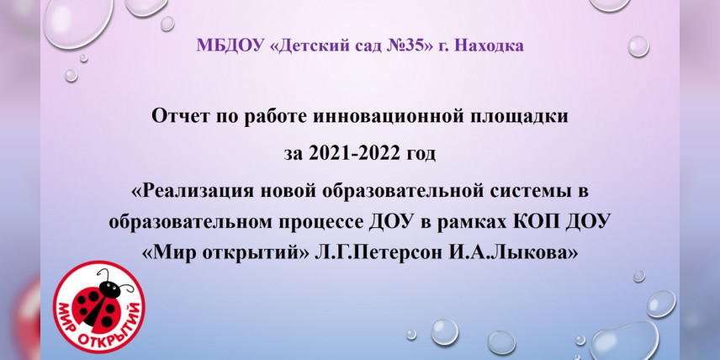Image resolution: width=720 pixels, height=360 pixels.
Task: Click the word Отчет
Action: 179,117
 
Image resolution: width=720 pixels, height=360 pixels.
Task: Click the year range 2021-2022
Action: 349,154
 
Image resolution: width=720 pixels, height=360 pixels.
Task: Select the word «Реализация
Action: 193,192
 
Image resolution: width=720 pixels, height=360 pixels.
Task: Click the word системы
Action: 523,192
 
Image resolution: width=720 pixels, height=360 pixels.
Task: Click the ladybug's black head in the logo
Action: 110,289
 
